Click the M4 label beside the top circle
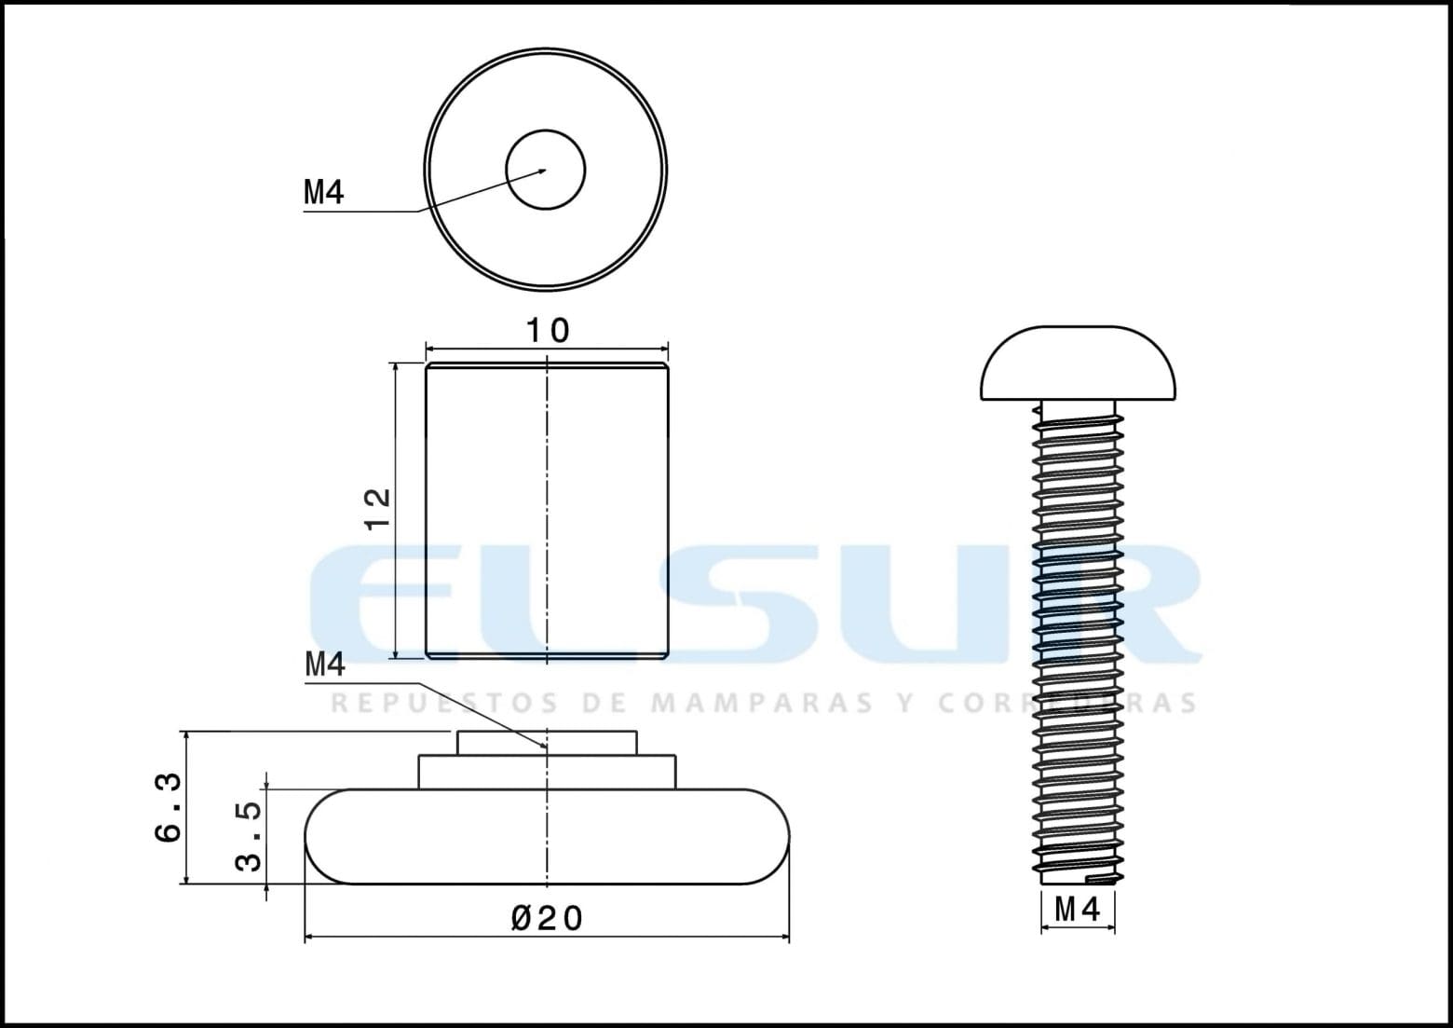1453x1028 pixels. click(x=324, y=192)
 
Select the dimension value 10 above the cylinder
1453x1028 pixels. click(x=548, y=331)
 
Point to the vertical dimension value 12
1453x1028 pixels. click(x=378, y=509)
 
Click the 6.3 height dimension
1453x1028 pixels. click(x=169, y=807)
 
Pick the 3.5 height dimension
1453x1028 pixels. click(x=249, y=835)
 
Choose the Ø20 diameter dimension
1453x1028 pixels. click(x=547, y=919)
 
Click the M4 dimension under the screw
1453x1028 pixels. click(x=1078, y=909)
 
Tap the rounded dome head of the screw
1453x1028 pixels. click(x=1078, y=364)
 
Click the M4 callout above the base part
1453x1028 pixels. click(x=325, y=665)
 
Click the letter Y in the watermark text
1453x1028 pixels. click(x=903, y=702)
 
